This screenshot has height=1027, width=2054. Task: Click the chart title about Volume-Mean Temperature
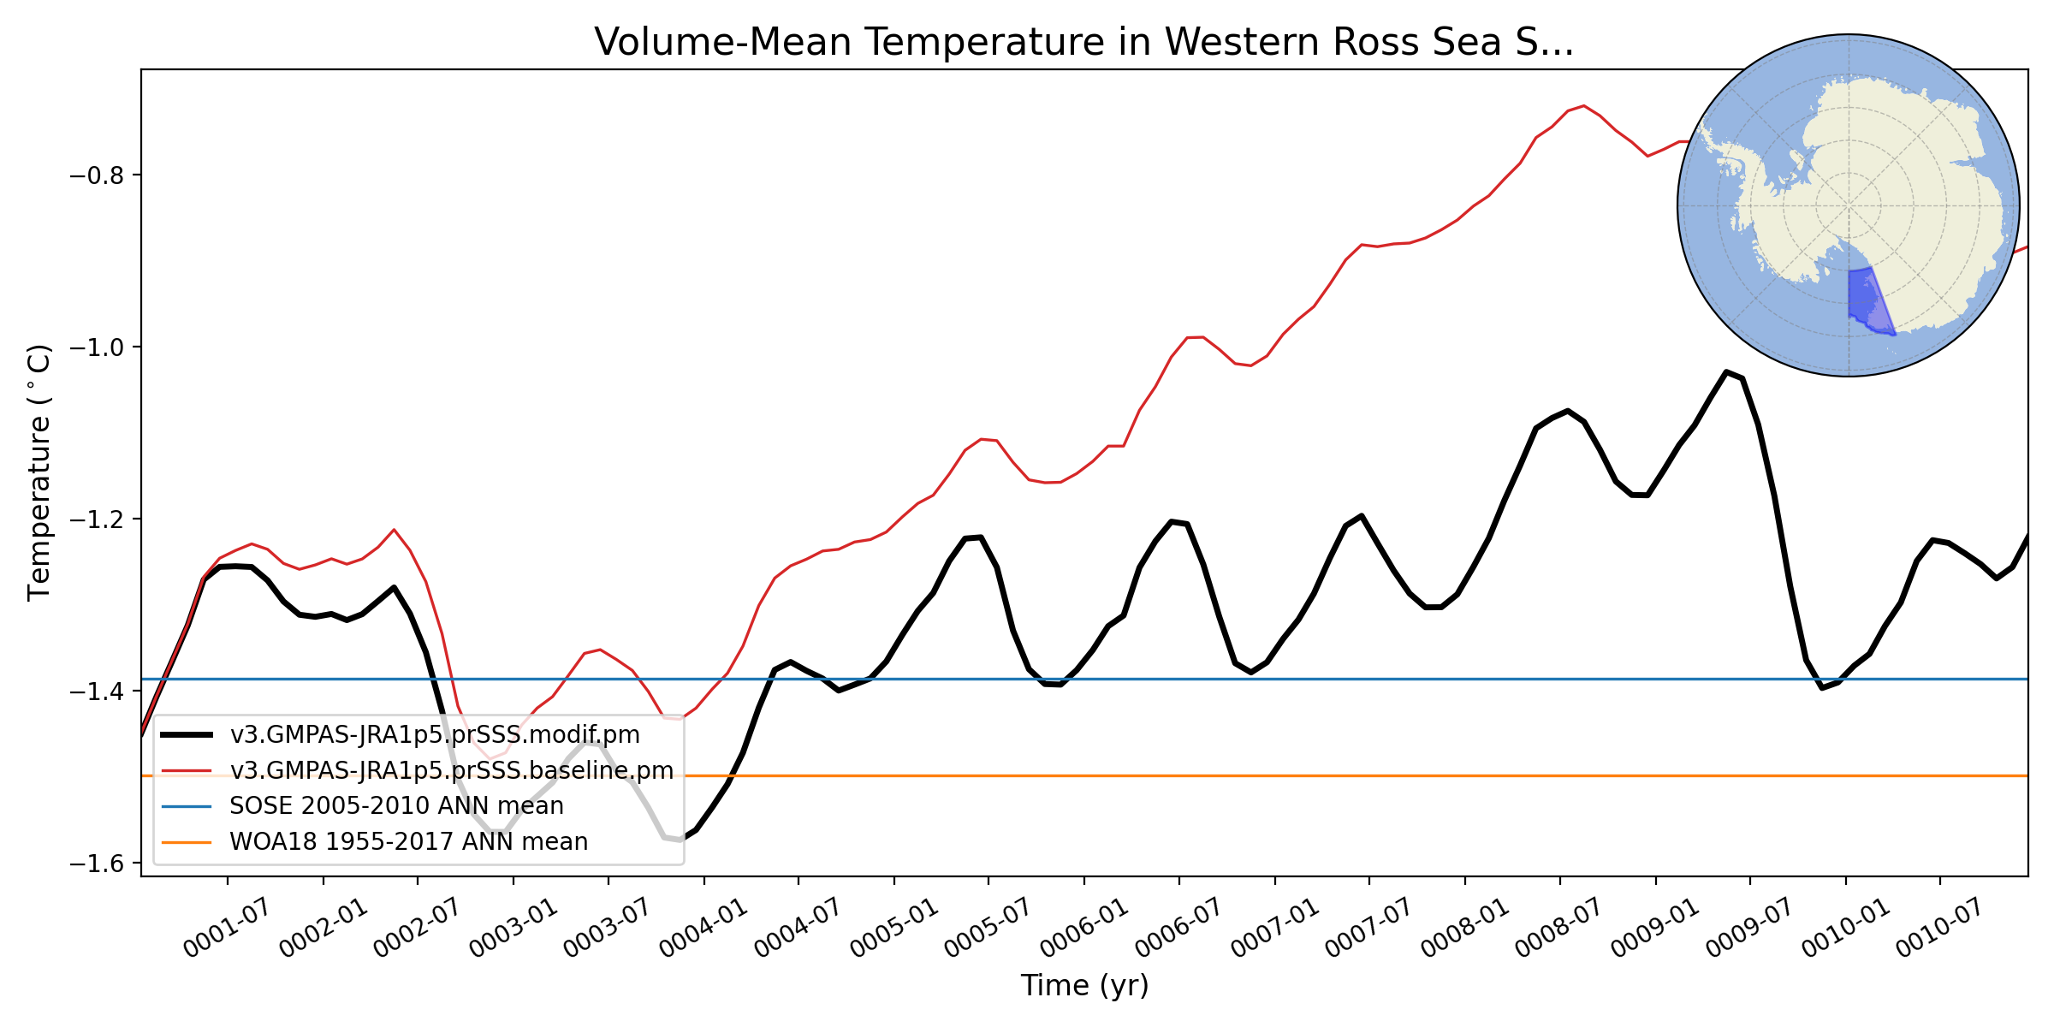click(1083, 42)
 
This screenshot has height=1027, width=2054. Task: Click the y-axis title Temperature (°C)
click(40, 472)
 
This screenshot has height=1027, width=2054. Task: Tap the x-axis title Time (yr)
click(1084, 986)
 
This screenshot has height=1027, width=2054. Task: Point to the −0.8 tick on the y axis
click(96, 175)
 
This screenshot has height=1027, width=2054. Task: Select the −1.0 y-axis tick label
click(96, 347)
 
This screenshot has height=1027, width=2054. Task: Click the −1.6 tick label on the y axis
click(96, 864)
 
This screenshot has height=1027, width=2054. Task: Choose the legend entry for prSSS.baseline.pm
click(451, 771)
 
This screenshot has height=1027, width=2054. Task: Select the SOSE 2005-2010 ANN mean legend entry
click(396, 806)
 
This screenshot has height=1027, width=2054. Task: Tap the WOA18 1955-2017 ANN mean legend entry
click(408, 842)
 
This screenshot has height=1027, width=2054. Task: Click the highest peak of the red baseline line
click(1584, 106)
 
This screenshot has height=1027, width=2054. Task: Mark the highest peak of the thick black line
click(1726, 371)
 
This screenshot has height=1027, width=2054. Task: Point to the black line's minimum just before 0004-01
click(680, 840)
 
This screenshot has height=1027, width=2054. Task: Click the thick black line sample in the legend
click(187, 735)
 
